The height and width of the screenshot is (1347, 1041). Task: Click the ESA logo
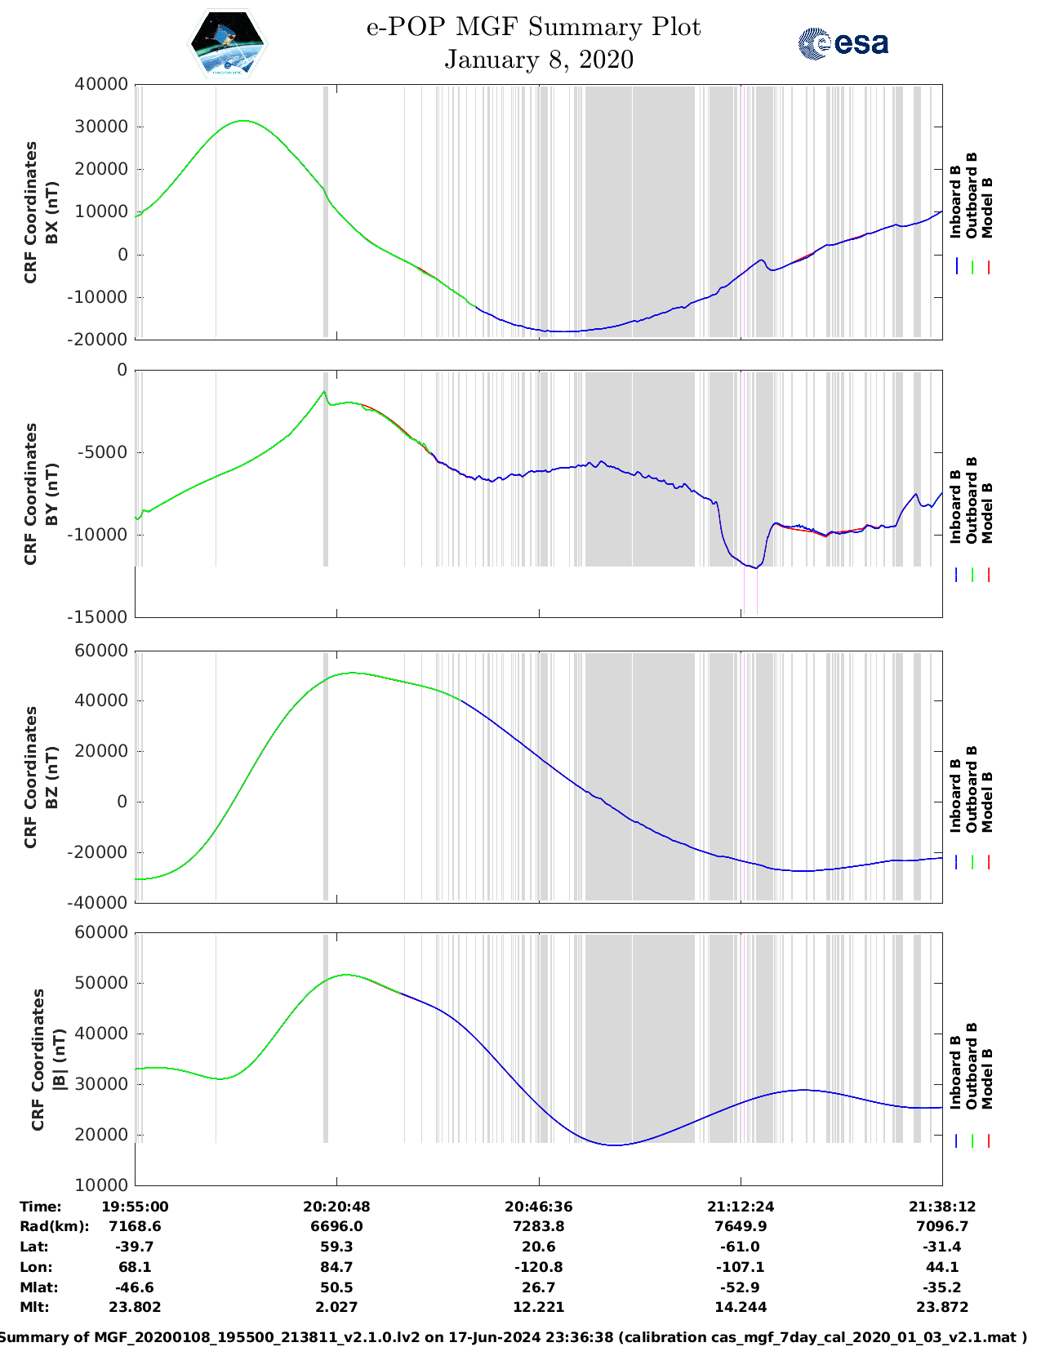click(x=843, y=43)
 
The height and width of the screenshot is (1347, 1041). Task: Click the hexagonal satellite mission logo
click(x=227, y=43)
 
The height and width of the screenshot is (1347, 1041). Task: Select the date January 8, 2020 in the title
click(x=538, y=60)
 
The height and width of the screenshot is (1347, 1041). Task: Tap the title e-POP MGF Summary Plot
click(x=533, y=27)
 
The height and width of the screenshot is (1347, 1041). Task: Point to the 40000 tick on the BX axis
click(x=101, y=84)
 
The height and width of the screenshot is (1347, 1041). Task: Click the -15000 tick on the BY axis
click(x=101, y=617)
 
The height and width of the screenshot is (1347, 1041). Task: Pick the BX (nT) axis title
click(x=51, y=212)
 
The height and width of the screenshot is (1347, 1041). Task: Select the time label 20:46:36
click(x=538, y=1207)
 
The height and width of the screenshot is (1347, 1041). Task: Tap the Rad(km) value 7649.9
click(x=740, y=1226)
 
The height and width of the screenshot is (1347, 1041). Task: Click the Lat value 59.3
click(x=336, y=1247)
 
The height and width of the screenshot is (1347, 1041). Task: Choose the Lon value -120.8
click(x=538, y=1267)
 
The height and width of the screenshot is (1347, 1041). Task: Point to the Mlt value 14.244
click(x=740, y=1307)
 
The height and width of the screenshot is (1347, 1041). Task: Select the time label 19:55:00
click(x=135, y=1207)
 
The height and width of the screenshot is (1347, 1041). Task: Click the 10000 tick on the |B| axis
click(x=101, y=1185)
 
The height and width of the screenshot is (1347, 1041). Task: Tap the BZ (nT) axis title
click(x=51, y=777)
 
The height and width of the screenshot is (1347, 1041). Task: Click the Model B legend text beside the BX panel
click(x=987, y=208)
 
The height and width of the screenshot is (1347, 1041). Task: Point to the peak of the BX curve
click(x=243, y=121)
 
